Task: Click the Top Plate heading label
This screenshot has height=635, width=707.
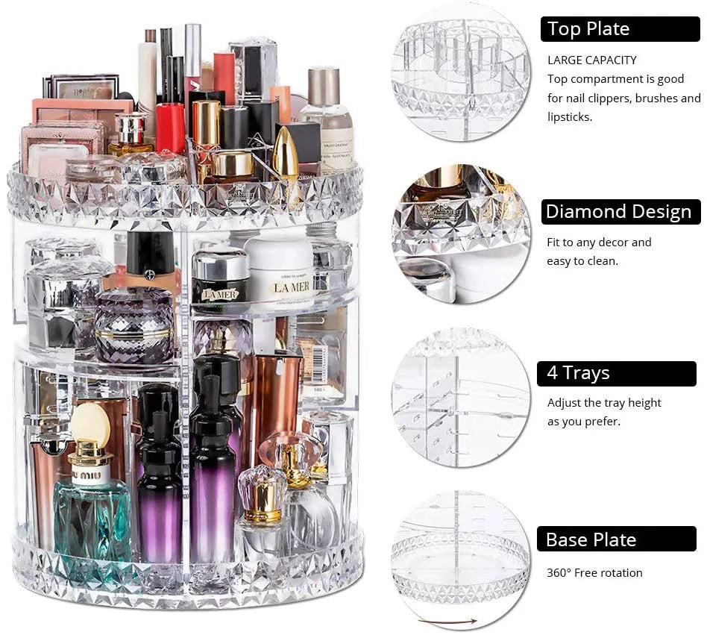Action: (x=588, y=29)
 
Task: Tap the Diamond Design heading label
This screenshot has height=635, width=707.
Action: (x=618, y=212)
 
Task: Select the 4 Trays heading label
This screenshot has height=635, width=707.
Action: (x=579, y=373)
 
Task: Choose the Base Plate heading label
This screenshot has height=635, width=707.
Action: (x=591, y=539)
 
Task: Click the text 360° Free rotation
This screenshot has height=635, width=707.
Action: (x=594, y=573)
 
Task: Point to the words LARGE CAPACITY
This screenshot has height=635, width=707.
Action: (x=592, y=60)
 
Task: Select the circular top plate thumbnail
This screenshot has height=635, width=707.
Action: (x=461, y=72)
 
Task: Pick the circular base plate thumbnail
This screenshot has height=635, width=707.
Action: (x=461, y=557)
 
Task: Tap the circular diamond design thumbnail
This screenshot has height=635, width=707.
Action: (x=461, y=234)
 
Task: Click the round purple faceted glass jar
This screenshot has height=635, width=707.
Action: (x=134, y=325)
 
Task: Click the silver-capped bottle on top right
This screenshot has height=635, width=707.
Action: (x=326, y=119)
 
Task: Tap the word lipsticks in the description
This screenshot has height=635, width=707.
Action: (x=570, y=117)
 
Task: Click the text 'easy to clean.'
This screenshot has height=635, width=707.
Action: (x=582, y=261)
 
